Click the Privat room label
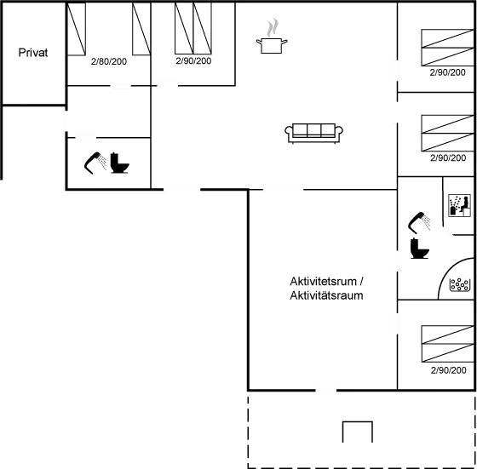coord(33,53)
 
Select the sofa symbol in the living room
coord(314,133)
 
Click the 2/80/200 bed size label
coord(109,61)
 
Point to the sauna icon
coord(459,205)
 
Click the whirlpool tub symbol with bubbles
coord(460,285)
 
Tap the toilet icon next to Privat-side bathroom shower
coord(119,163)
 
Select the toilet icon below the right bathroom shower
coord(419,249)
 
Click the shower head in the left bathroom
coord(95,163)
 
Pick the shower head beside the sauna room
coord(419,222)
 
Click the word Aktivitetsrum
coord(323,282)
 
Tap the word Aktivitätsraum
coord(326,295)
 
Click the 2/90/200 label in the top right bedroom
coord(447,72)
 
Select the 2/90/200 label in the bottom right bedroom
coord(448,370)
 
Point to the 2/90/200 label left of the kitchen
coord(193,60)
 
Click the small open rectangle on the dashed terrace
coord(358,432)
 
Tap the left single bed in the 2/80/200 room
coord(76,29)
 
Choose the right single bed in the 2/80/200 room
coord(141,29)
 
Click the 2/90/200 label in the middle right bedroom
coord(448,157)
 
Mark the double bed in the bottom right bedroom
coord(447,344)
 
